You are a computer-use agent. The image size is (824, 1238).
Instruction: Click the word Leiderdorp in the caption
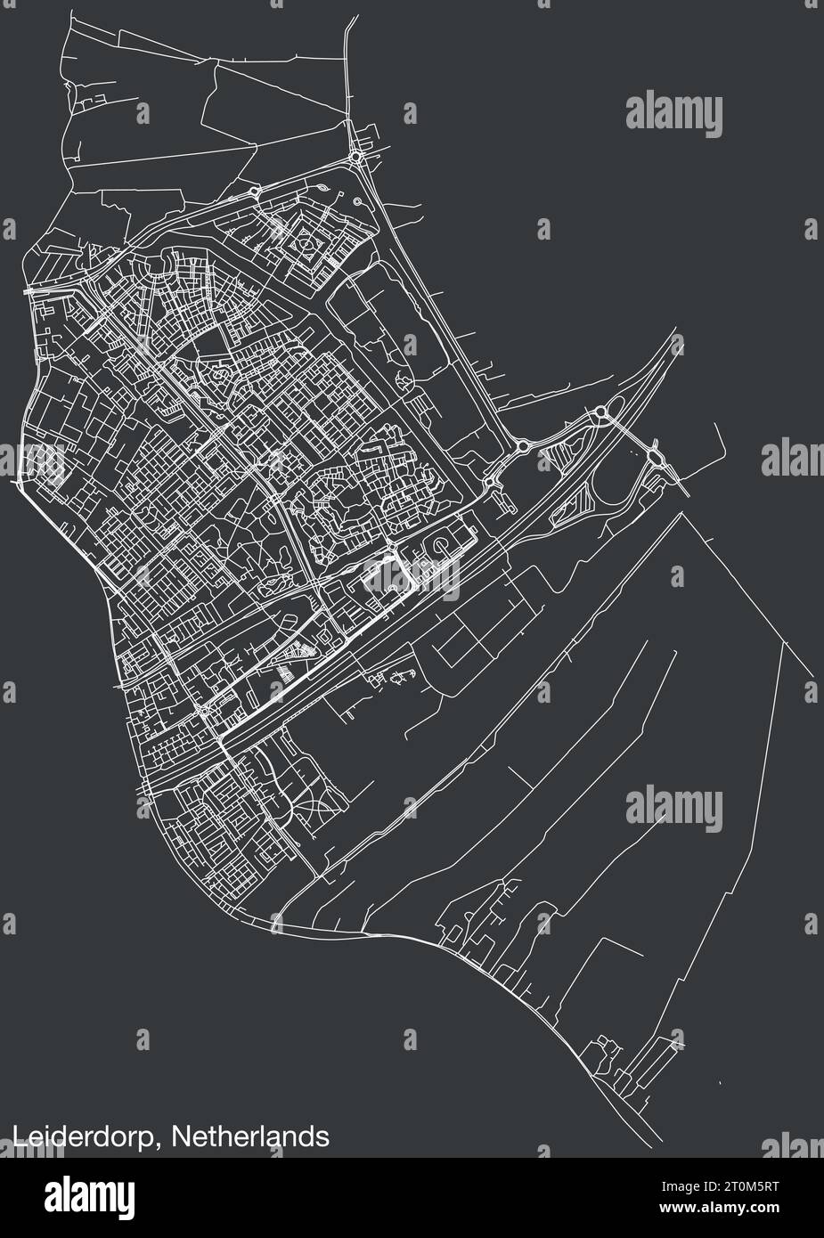87,1137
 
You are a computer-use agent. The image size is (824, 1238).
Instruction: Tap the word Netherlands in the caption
250,1136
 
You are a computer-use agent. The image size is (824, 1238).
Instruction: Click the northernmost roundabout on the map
357,158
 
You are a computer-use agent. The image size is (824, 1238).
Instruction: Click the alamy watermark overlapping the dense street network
409,574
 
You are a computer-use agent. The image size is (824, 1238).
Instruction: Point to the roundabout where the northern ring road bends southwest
256,191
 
